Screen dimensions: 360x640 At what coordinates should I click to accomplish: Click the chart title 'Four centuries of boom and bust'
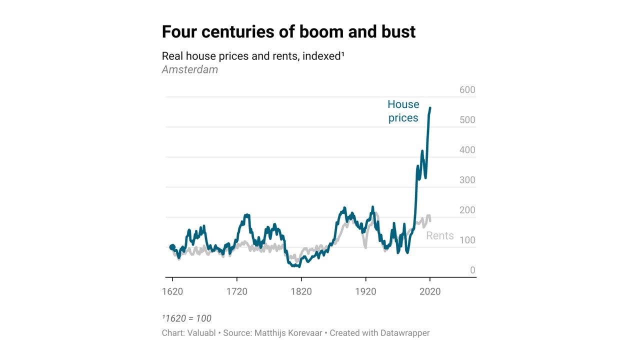tap(288, 32)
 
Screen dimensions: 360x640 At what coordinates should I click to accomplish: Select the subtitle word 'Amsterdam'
tap(190, 69)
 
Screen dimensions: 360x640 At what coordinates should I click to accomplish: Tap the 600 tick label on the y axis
tap(467, 90)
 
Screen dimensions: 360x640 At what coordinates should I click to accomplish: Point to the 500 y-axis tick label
tap(467, 120)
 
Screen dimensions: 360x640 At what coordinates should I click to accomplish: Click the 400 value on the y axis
tap(467, 150)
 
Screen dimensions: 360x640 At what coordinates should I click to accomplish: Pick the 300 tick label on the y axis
tap(467, 180)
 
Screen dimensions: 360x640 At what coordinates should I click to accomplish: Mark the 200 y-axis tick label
tap(467, 210)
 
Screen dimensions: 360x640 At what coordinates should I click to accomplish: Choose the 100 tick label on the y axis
tap(467, 240)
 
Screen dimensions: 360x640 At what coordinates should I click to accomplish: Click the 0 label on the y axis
tap(472, 270)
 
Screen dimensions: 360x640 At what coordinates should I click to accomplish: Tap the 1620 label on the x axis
tap(172, 291)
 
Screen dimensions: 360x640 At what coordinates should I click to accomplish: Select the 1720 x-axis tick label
tap(236, 291)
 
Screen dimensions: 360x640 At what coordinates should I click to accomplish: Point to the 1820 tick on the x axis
tap(301, 291)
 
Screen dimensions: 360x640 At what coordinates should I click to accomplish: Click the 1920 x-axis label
tap(365, 291)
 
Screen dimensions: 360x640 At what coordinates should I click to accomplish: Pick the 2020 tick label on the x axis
tap(429, 291)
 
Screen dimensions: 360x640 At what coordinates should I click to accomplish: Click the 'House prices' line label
tap(403, 111)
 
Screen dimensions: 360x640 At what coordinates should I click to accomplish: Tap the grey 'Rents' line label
tap(439, 235)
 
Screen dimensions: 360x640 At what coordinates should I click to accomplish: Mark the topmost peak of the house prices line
tap(430, 107)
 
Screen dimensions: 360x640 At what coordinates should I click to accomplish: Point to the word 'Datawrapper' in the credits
tap(404, 333)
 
